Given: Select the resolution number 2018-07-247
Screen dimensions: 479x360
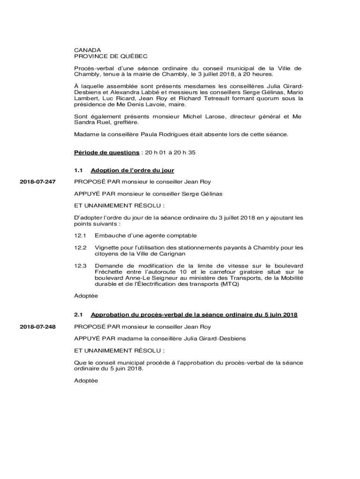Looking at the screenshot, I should (x=37, y=181).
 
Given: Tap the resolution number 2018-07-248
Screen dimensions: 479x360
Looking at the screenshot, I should (x=37, y=327).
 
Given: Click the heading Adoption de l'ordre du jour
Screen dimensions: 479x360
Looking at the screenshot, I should (x=132, y=170).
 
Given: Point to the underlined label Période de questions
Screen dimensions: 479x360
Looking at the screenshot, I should (x=106, y=152).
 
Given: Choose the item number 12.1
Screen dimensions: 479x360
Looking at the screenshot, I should (x=80, y=236).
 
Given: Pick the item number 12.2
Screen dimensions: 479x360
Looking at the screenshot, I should (x=80, y=247).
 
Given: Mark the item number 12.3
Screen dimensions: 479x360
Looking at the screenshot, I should (x=80, y=266).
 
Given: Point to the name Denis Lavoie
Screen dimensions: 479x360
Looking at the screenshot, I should (x=139, y=105).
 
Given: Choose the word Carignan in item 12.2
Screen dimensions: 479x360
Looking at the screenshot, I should (x=172, y=254).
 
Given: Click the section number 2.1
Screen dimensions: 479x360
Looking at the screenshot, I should (x=78, y=315).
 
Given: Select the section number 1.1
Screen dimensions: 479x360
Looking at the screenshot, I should (x=78, y=170).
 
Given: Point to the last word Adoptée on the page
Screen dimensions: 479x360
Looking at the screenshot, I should (x=86, y=381).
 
